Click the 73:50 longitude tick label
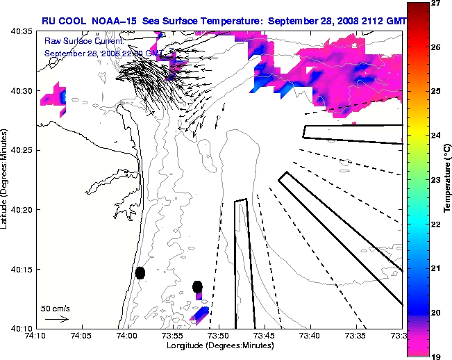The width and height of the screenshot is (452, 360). click(x=219, y=336)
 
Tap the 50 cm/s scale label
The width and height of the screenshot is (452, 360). click(x=56, y=308)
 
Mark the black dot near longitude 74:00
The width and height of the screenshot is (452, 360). click(x=140, y=273)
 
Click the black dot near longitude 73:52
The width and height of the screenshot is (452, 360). click(x=198, y=286)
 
